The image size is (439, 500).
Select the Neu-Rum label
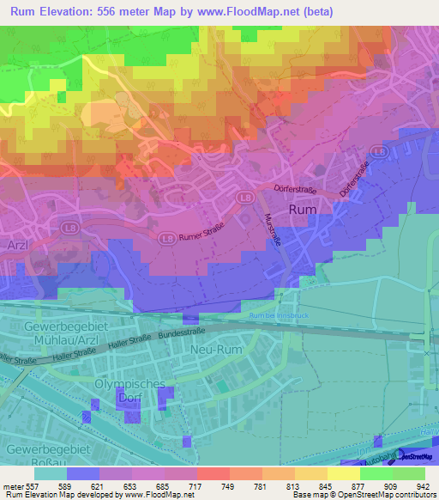pyautogui.click(x=218, y=351)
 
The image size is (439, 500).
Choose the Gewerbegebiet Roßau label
pyautogui.click(x=47, y=457)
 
